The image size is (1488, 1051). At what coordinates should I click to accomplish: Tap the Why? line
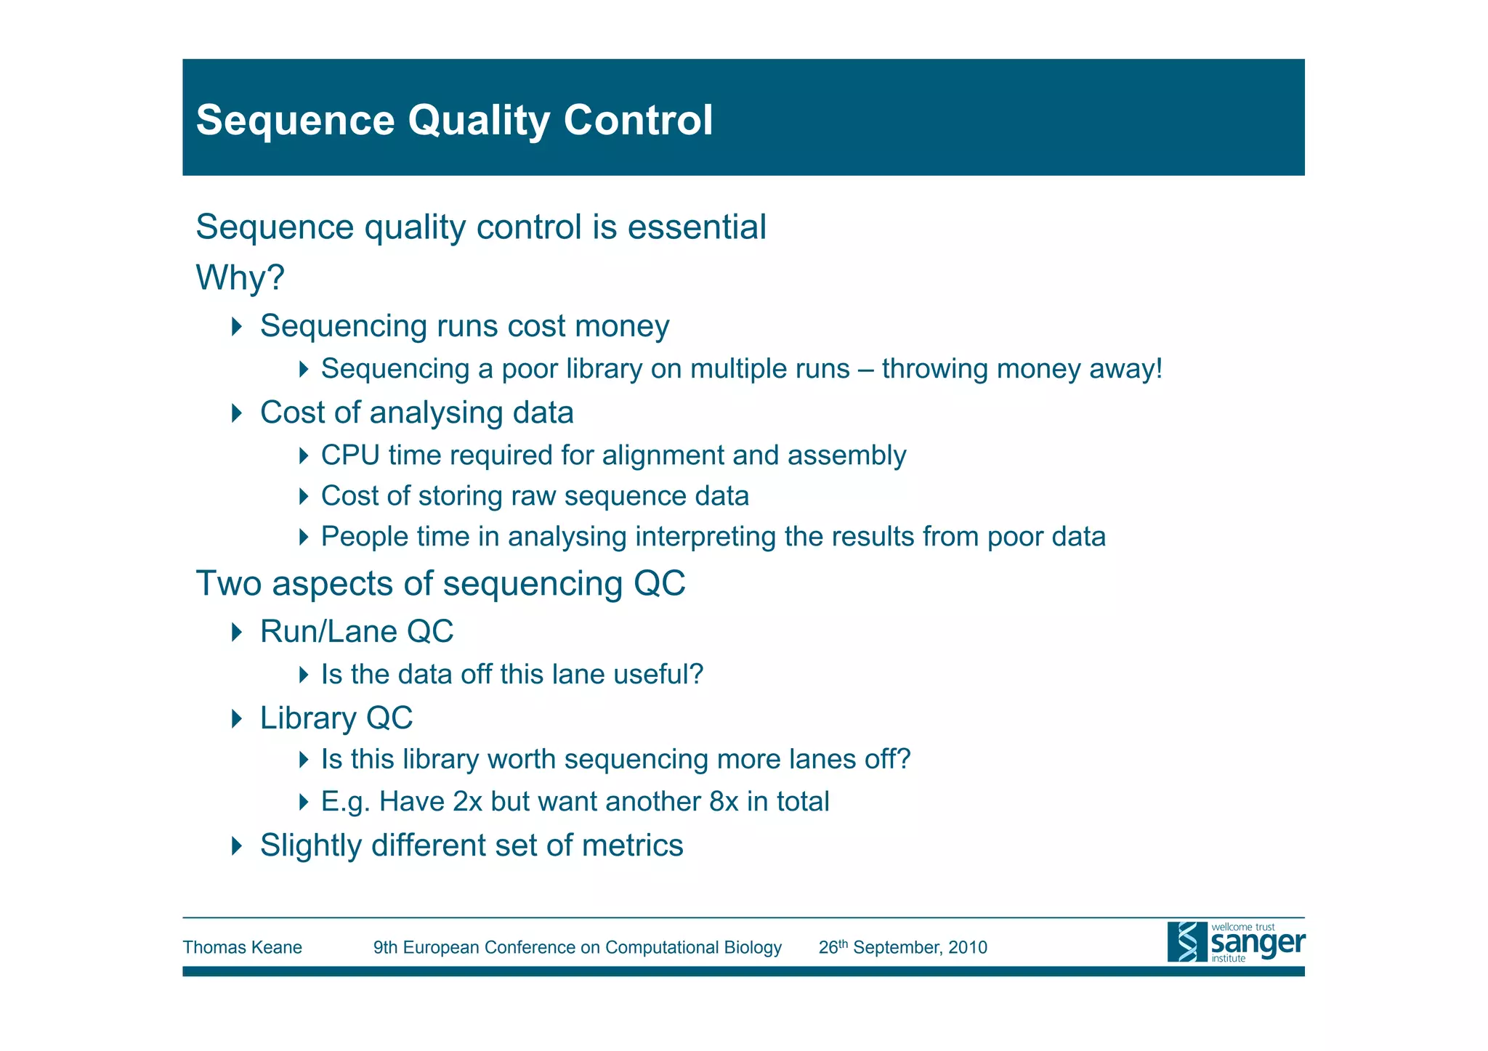coord(240,278)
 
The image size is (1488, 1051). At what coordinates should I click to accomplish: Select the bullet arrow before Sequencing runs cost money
coord(236,327)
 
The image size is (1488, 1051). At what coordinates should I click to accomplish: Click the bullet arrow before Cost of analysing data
coord(236,413)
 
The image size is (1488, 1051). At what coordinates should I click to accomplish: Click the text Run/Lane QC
coord(356,632)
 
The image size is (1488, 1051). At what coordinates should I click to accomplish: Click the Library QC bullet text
coord(336,718)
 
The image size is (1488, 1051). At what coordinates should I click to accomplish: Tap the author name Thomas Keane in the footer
coord(242,948)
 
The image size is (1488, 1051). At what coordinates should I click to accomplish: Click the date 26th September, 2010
coord(902,948)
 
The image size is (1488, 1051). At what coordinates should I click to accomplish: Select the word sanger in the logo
coord(1258,944)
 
